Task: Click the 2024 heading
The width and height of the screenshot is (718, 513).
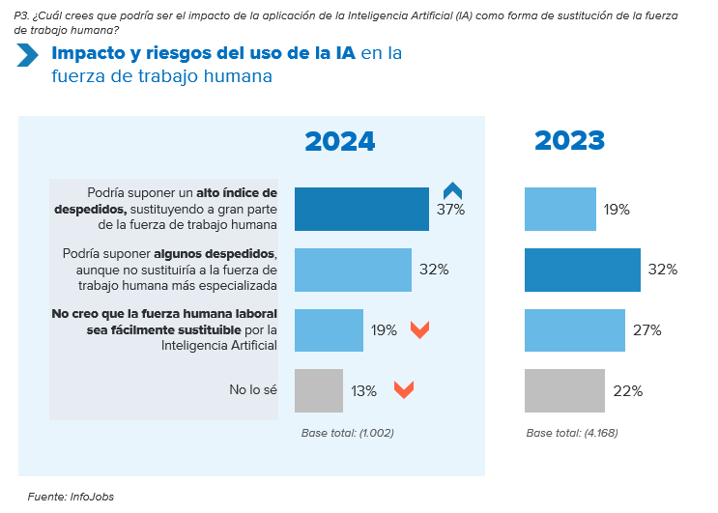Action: click(x=339, y=141)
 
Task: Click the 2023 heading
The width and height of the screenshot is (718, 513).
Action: click(x=569, y=141)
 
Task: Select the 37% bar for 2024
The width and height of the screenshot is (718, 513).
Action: click(x=361, y=209)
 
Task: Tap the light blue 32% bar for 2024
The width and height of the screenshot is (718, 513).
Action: click(x=352, y=270)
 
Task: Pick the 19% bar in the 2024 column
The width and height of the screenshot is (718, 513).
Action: click(x=329, y=330)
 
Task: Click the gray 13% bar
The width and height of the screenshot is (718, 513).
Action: click(x=318, y=391)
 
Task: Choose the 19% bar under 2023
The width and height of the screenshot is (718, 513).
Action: click(x=560, y=209)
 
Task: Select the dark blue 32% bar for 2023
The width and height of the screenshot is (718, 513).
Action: click(x=582, y=270)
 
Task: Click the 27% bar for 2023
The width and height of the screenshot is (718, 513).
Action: click(x=575, y=330)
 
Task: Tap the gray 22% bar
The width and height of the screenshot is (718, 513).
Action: click(x=564, y=391)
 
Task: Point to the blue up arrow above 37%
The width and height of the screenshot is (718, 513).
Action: click(x=452, y=189)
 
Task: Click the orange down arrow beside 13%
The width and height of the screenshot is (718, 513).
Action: click(x=404, y=390)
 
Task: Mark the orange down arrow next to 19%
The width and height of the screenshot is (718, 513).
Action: click(x=419, y=329)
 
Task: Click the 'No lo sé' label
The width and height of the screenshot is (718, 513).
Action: click(x=253, y=390)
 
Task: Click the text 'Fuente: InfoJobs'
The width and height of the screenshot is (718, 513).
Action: click(x=71, y=497)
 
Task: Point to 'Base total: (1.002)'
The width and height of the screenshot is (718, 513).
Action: click(x=347, y=433)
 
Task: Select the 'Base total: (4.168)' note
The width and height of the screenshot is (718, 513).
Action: click(x=572, y=433)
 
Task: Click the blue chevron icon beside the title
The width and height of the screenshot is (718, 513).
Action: click(x=27, y=55)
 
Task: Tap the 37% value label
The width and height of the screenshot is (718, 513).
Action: click(x=450, y=210)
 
